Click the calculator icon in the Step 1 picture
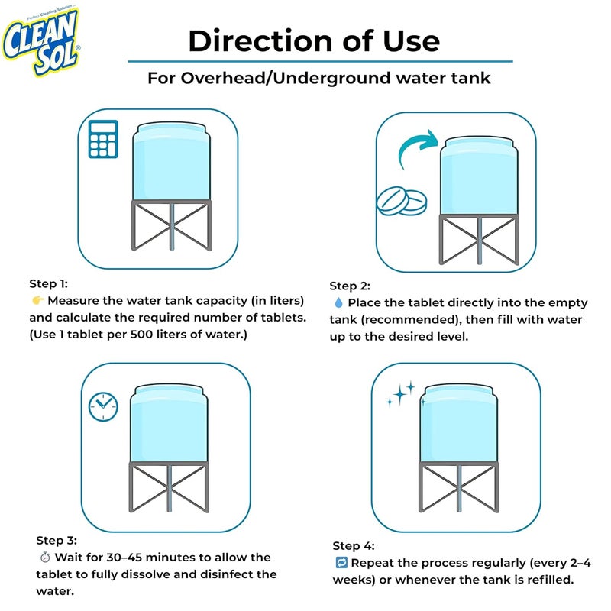tap(102, 138)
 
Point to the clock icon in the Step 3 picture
tap(103, 406)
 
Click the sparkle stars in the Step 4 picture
tap(401, 393)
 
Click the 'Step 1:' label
tap(48, 282)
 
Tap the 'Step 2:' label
tap(350, 286)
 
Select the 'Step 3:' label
tap(57, 540)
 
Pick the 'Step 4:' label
tap(354, 545)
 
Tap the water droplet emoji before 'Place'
tap(338, 303)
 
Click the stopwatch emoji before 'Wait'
tap(44, 558)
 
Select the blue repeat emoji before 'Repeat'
tap(341, 563)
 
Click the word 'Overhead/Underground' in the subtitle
tap(284, 79)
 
